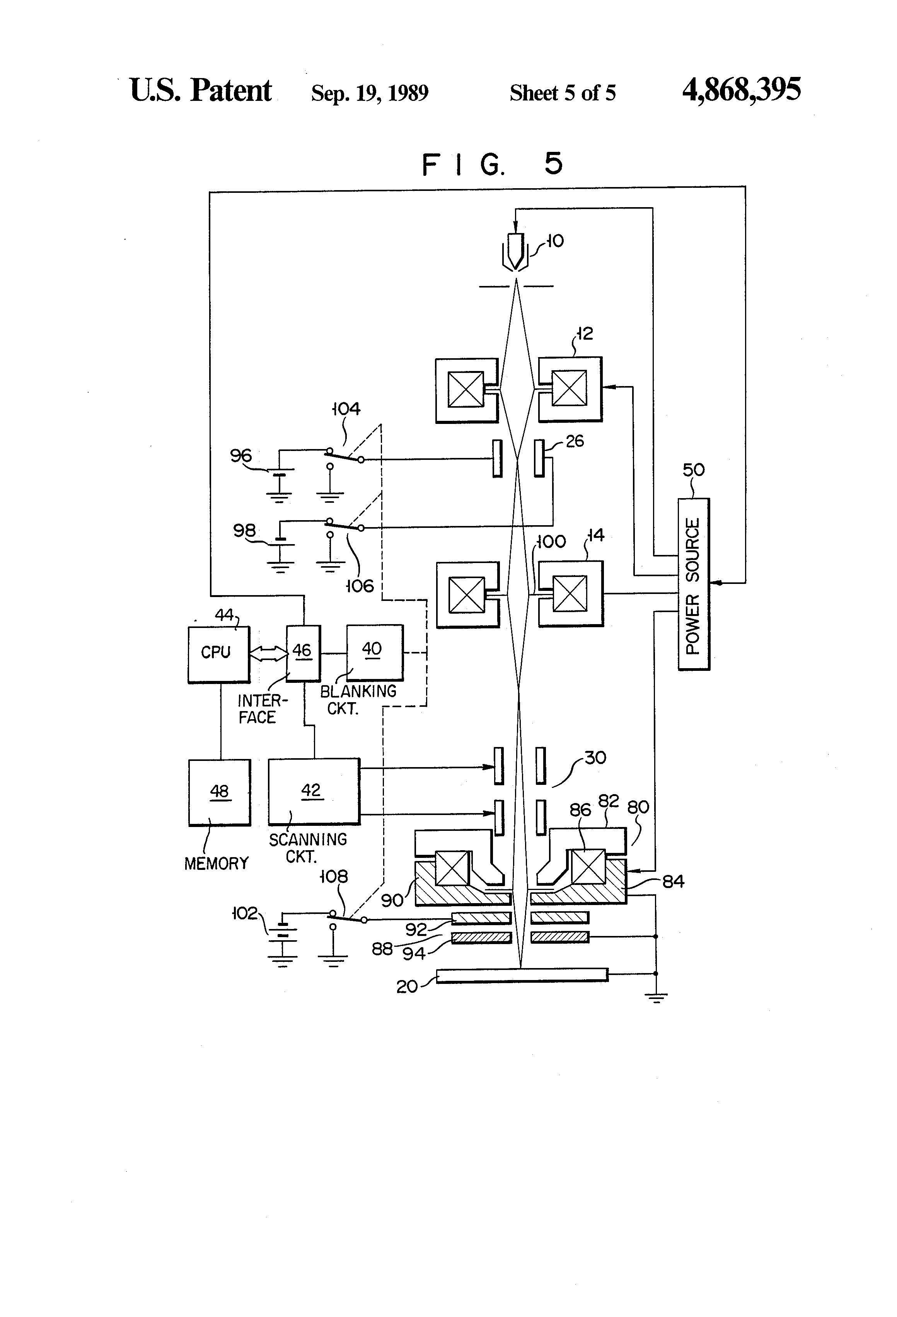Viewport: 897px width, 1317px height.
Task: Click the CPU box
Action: [218, 653]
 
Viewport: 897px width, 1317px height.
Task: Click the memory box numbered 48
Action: [220, 792]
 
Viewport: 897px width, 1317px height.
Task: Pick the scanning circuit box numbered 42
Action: [313, 791]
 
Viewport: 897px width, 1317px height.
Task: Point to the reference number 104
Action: [346, 408]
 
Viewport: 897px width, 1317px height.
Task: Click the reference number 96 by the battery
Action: [240, 455]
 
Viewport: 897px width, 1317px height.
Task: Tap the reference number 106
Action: [360, 585]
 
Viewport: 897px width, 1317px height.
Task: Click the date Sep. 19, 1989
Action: [370, 93]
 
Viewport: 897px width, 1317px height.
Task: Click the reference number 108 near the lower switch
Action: [333, 877]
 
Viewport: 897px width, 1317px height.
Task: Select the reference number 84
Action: [673, 881]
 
